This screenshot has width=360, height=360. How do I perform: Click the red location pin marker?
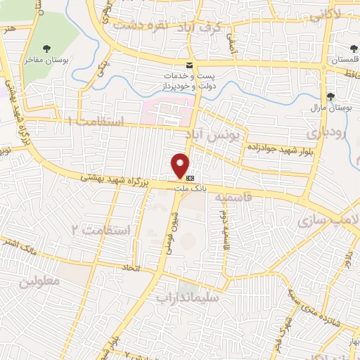pos(181,165)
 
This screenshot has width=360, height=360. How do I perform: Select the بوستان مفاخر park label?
pos(46,60)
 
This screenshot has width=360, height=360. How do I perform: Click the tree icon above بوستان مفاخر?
pos(46,49)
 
